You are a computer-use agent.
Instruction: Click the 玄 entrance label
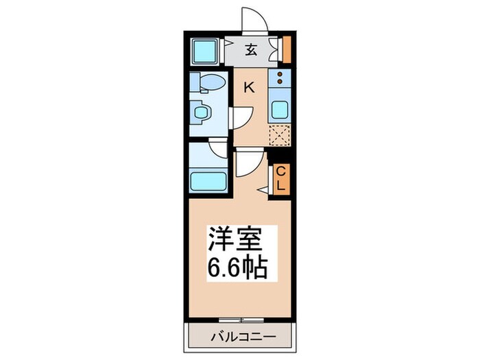click(x=252, y=49)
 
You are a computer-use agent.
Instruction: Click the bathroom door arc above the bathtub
click(x=218, y=149)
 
